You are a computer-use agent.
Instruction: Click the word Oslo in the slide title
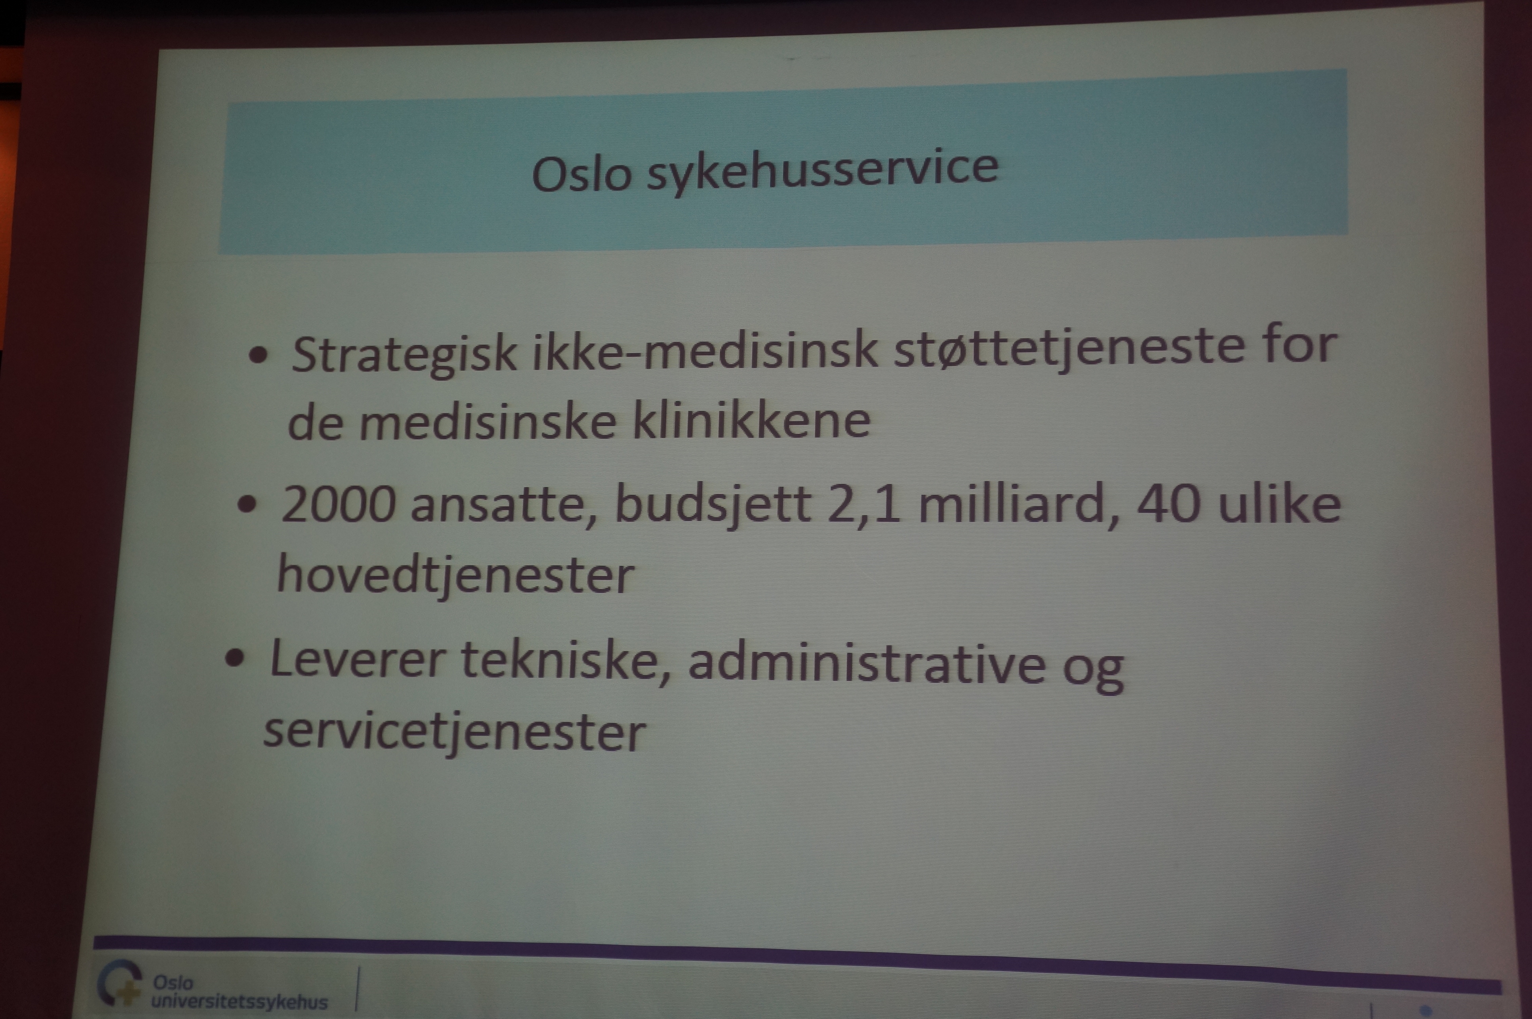(x=582, y=174)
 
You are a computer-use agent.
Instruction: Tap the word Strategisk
(x=404, y=356)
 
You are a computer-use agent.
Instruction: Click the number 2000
(x=338, y=504)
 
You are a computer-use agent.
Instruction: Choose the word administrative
(x=866, y=663)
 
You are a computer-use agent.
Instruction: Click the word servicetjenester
(x=454, y=734)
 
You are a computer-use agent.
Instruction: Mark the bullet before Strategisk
(x=258, y=355)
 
